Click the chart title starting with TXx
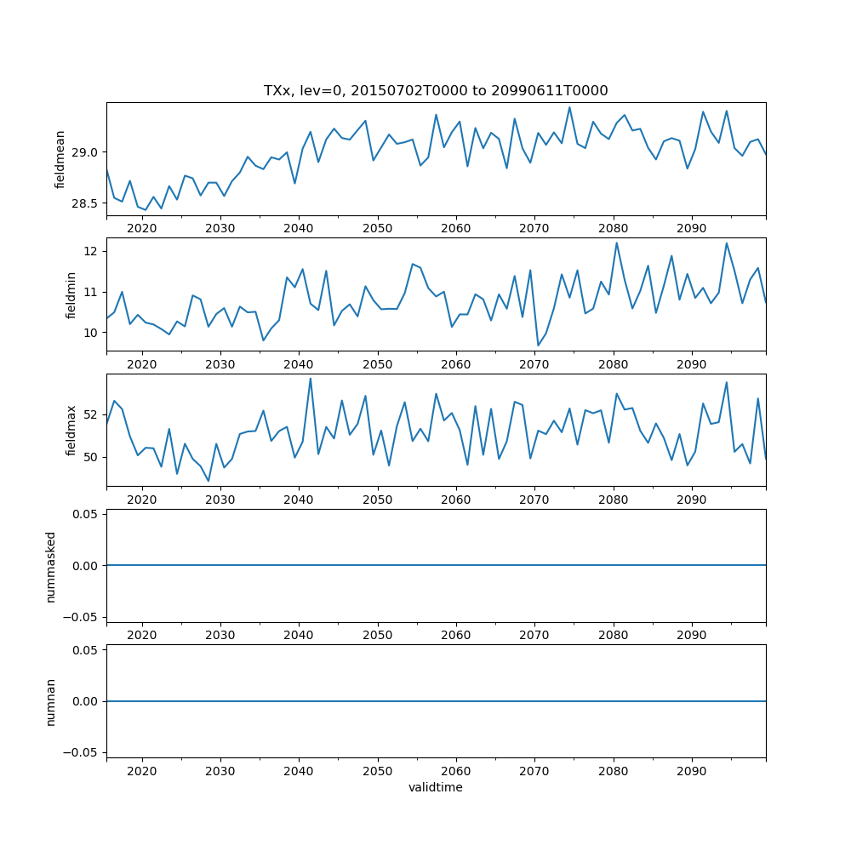click(x=436, y=90)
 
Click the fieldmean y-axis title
click(x=60, y=159)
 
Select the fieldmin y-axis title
click(x=71, y=294)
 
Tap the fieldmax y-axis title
click(x=71, y=430)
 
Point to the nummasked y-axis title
click(x=51, y=566)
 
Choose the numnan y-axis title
click(x=51, y=701)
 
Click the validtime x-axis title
click(x=436, y=788)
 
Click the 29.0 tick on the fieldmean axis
click(x=87, y=152)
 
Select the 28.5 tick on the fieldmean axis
click(x=87, y=203)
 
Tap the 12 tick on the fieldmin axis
click(x=93, y=251)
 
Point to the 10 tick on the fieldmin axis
click(x=93, y=332)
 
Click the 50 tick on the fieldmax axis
click(x=93, y=457)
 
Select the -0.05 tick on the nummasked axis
click(x=83, y=616)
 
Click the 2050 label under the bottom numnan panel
click(x=377, y=770)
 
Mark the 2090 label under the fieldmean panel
click(x=692, y=228)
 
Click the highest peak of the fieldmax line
click(x=310, y=379)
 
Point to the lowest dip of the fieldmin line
click(x=538, y=346)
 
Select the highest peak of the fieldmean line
click(x=569, y=107)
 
